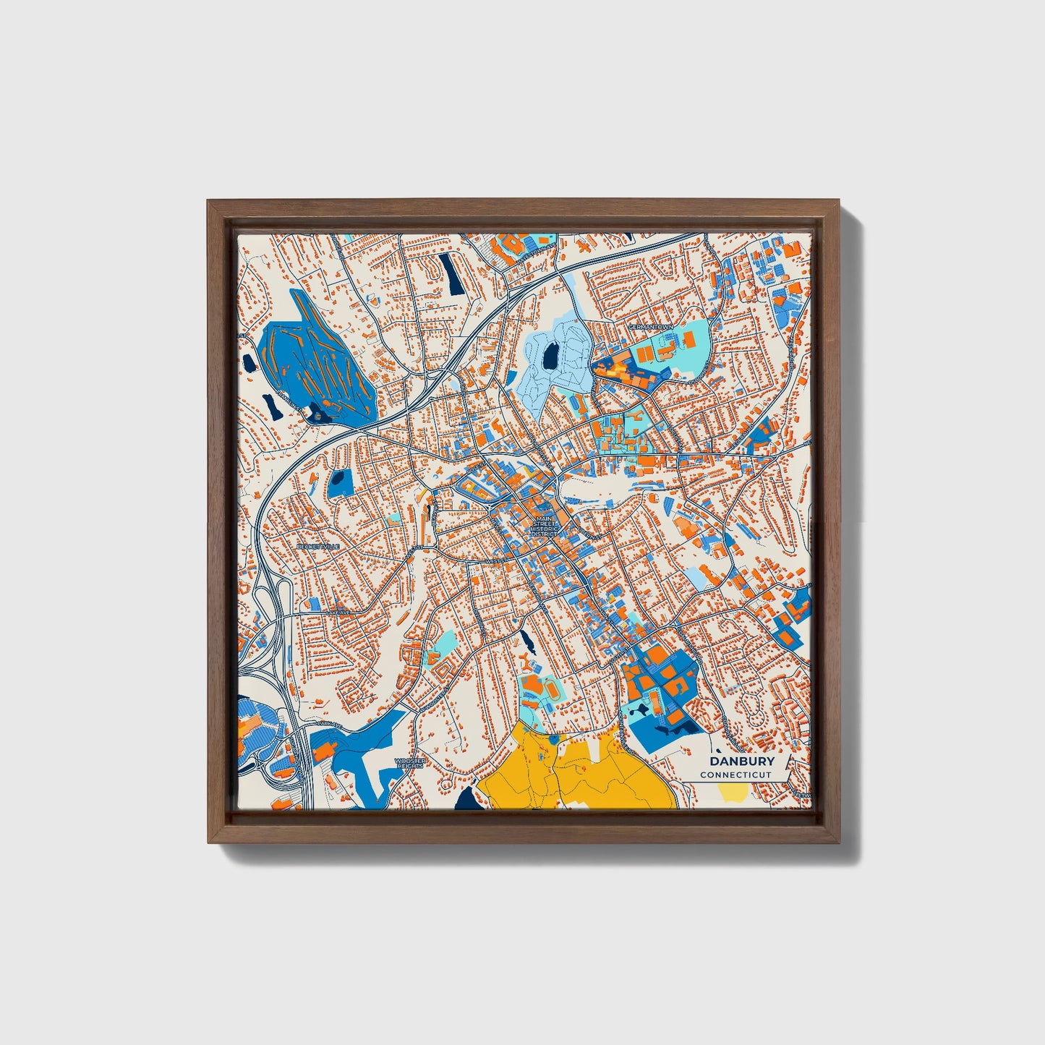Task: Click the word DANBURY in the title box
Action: point(742,761)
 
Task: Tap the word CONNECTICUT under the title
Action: point(735,775)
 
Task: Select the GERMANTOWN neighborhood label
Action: point(650,327)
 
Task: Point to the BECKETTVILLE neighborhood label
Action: point(317,547)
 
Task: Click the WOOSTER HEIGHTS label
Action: point(410,764)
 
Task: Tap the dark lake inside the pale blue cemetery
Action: point(552,354)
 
